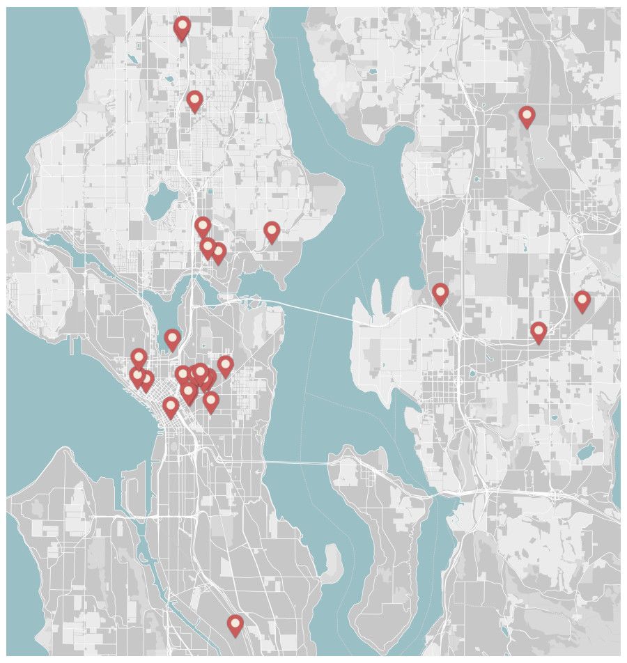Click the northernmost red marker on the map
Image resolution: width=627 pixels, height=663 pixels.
pyautogui.click(x=182, y=27)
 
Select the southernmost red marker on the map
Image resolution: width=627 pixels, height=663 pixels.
pyautogui.click(x=235, y=624)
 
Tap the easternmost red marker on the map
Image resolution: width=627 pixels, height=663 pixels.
pyautogui.click(x=582, y=300)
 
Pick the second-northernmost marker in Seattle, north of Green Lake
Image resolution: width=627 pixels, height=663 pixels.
pyautogui.click(x=194, y=100)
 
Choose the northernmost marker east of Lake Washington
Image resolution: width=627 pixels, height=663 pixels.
pyautogui.click(x=527, y=116)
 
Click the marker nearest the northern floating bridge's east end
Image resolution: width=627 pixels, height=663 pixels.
pyautogui.click(x=440, y=292)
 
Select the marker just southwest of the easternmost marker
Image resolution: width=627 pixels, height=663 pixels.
pyautogui.click(x=538, y=331)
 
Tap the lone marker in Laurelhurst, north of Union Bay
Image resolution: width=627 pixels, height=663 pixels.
pyautogui.click(x=272, y=231)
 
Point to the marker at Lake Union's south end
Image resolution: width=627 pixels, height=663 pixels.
pyautogui.click(x=172, y=338)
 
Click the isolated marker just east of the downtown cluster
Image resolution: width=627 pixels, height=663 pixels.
pyautogui.click(x=225, y=364)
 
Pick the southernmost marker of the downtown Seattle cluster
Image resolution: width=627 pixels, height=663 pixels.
pyautogui.click(x=171, y=407)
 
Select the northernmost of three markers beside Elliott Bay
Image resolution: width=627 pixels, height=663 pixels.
pyautogui.click(x=139, y=358)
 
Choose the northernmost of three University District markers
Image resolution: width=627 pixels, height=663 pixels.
pyautogui.click(x=202, y=226)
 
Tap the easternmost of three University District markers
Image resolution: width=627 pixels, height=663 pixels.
pyautogui.click(x=218, y=252)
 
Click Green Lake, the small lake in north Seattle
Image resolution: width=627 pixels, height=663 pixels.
pyautogui.click(x=162, y=201)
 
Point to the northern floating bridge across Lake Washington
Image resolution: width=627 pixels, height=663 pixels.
pyautogui.click(x=307, y=309)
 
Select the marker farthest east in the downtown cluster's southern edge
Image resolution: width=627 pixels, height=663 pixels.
pyautogui.click(x=210, y=400)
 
